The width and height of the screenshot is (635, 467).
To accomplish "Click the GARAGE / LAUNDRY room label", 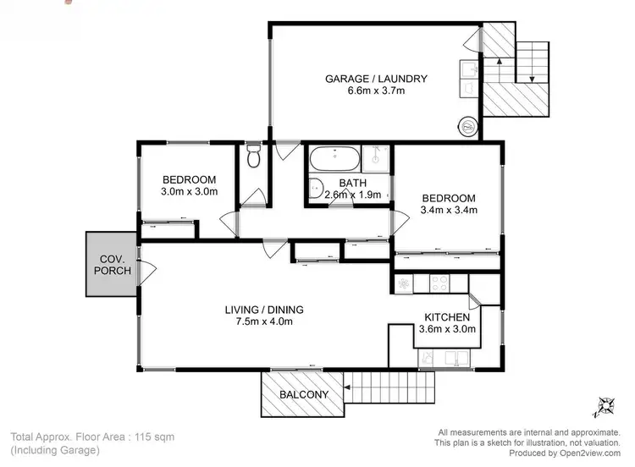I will tap(376, 79).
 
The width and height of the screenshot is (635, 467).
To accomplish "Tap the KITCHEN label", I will tap(447, 317).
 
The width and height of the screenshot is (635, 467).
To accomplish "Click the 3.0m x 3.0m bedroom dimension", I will tap(190, 192).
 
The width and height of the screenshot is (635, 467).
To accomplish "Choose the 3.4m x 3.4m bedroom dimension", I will tap(450, 211).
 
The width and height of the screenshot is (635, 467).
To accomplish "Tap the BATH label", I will tap(351, 183).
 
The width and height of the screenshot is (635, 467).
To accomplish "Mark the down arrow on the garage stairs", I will tap(527, 77).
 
